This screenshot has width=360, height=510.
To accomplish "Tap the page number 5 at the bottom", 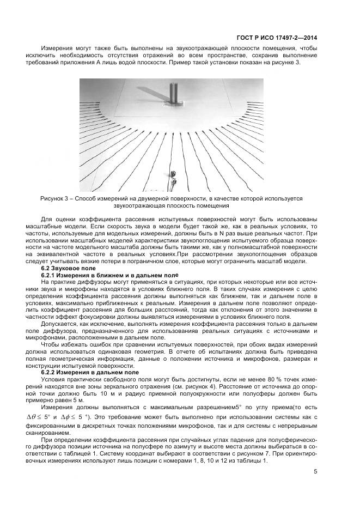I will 315,472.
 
